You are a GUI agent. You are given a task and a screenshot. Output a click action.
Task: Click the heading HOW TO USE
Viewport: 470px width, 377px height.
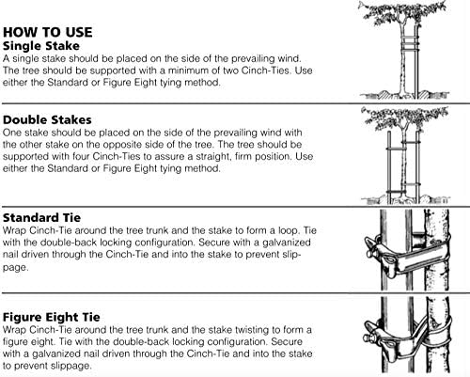(48, 32)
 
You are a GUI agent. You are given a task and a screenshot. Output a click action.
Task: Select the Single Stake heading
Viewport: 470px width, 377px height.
(41, 46)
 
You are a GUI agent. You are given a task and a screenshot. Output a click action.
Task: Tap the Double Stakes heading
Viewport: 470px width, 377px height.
(47, 119)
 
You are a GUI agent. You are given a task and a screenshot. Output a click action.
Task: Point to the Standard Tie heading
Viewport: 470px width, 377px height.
(41, 217)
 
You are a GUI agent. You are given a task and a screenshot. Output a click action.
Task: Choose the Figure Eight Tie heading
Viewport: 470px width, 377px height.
(52, 317)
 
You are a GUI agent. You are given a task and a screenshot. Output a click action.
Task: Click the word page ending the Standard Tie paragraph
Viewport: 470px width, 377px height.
(15, 268)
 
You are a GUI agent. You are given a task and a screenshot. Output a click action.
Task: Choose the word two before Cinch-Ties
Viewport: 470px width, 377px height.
(230, 71)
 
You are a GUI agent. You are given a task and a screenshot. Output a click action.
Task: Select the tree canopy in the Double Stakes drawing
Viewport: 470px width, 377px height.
(405, 118)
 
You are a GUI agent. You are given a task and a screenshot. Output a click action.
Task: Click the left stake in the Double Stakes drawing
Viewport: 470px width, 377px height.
(389, 167)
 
